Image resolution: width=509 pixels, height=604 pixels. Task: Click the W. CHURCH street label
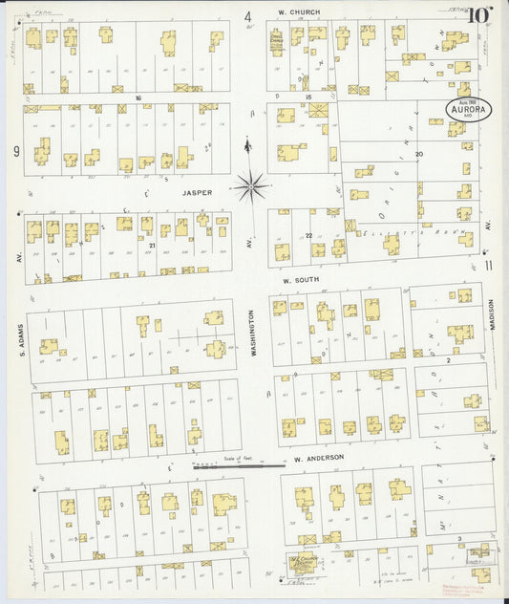[x=299, y=12]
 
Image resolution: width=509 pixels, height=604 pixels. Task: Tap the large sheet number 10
[x=479, y=14]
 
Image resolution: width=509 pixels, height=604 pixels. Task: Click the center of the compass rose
[x=251, y=184]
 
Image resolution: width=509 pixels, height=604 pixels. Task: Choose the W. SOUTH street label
[x=304, y=281]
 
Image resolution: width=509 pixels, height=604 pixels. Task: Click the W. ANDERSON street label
[x=318, y=459]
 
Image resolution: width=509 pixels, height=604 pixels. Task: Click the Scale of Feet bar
[x=238, y=466]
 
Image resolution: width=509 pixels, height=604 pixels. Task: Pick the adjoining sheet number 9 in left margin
[x=16, y=151]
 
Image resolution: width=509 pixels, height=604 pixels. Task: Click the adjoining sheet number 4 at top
[x=247, y=16]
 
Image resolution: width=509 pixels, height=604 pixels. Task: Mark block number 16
[x=138, y=97]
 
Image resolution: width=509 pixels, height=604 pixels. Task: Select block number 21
[x=152, y=246]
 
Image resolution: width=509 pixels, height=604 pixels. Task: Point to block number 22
[x=308, y=234]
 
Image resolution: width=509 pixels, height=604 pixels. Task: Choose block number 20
[x=418, y=153]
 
